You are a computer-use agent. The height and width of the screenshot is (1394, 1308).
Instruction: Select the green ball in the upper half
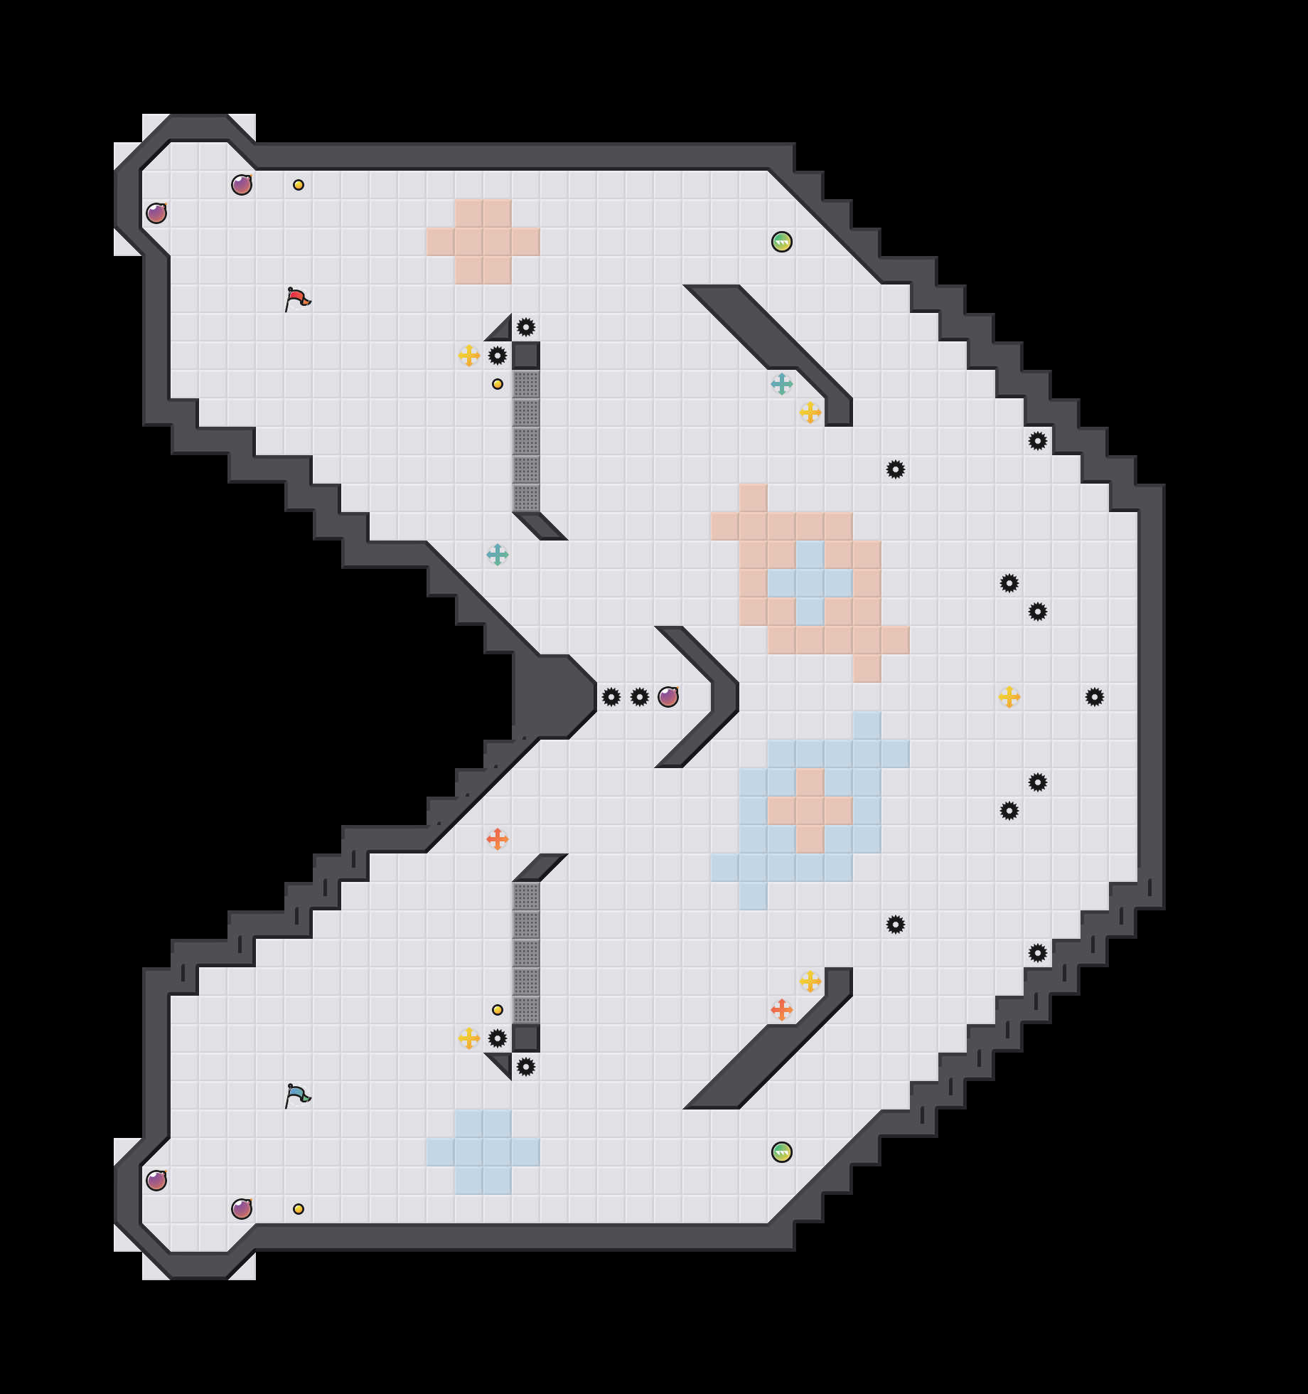pyautogui.click(x=782, y=242)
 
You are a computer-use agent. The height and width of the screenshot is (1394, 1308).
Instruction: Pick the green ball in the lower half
pyautogui.click(x=782, y=1152)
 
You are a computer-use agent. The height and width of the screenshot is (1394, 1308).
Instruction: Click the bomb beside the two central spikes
pyautogui.click(x=668, y=697)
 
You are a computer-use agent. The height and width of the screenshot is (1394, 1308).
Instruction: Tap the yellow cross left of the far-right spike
pyautogui.click(x=1009, y=697)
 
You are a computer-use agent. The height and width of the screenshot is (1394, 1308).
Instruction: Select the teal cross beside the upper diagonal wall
pyautogui.click(x=782, y=384)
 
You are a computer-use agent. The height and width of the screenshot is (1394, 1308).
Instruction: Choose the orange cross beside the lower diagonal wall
pyautogui.click(x=782, y=1010)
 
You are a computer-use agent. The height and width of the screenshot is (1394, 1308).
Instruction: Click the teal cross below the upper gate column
pyautogui.click(x=498, y=555)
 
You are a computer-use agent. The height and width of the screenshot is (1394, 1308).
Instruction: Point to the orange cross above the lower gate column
pyautogui.click(x=498, y=839)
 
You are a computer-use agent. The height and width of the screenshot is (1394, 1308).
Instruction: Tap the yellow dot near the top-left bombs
pyautogui.click(x=299, y=185)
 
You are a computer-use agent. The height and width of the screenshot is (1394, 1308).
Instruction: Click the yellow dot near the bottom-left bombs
pyautogui.click(x=299, y=1209)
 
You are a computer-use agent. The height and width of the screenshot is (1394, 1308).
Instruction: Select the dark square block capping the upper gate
pyautogui.click(x=526, y=356)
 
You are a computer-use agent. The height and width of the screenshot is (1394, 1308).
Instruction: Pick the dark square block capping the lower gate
pyautogui.click(x=526, y=1038)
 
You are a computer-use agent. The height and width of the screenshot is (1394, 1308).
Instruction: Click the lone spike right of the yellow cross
pyautogui.click(x=1095, y=697)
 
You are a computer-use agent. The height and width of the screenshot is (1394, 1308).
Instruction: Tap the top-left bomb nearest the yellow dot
pyautogui.click(x=242, y=185)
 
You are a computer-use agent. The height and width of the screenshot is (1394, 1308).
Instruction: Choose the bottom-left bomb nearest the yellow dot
pyautogui.click(x=242, y=1209)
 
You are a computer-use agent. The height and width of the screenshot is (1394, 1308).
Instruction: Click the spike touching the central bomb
pyautogui.click(x=640, y=697)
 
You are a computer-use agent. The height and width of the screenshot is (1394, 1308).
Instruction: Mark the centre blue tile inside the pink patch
pyautogui.click(x=810, y=583)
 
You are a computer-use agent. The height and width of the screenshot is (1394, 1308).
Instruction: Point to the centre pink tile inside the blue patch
pyautogui.click(x=810, y=811)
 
